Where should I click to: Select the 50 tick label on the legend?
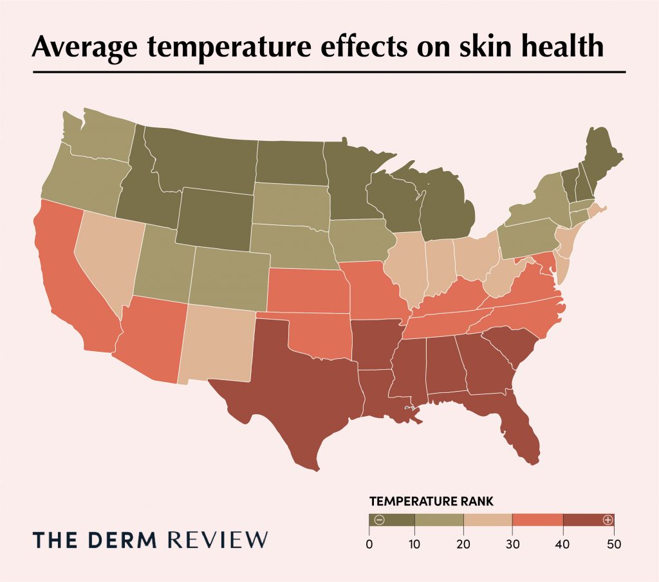coord(613,544)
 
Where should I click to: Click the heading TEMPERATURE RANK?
coord(431,500)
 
